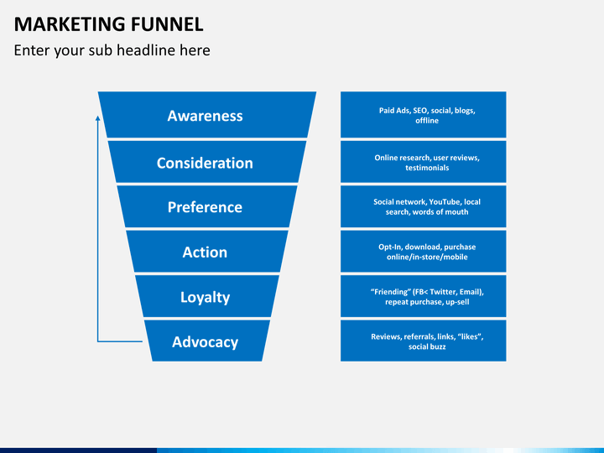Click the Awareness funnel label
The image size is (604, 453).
(x=205, y=116)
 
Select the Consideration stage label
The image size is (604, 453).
(x=205, y=163)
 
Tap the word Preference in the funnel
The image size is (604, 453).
(x=205, y=207)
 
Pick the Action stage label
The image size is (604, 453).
(x=205, y=252)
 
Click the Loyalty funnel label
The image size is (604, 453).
(x=205, y=297)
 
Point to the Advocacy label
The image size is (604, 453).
(x=205, y=341)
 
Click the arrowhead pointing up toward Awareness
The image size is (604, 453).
(x=98, y=119)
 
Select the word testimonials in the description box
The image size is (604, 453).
(x=426, y=168)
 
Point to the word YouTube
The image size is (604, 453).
(x=447, y=202)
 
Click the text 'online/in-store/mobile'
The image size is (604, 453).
(x=426, y=258)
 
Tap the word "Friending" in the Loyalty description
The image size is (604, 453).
(x=390, y=292)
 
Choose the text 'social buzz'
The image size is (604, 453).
(x=426, y=346)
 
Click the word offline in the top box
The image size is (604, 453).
(x=426, y=121)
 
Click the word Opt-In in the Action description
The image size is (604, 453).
(x=392, y=247)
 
